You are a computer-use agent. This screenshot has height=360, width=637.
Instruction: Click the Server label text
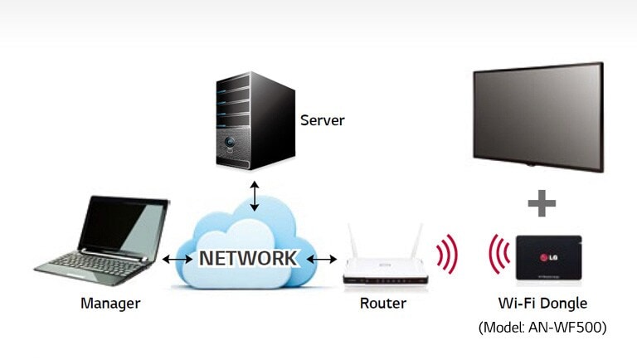[322, 120]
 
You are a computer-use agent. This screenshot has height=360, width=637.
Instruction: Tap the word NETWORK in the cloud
[247, 258]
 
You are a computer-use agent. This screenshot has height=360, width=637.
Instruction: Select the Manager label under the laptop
[110, 304]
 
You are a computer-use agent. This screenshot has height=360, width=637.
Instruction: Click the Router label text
[383, 304]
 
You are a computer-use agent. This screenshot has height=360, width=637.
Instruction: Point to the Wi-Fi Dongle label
[542, 304]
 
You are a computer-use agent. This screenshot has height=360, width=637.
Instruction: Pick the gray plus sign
[542, 203]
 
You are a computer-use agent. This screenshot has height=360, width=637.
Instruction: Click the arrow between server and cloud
[255, 195]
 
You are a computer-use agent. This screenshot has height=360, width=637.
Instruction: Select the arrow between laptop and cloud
[177, 260]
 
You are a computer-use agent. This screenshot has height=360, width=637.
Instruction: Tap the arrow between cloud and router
[322, 260]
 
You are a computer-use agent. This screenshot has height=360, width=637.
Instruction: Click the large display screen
[537, 115]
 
